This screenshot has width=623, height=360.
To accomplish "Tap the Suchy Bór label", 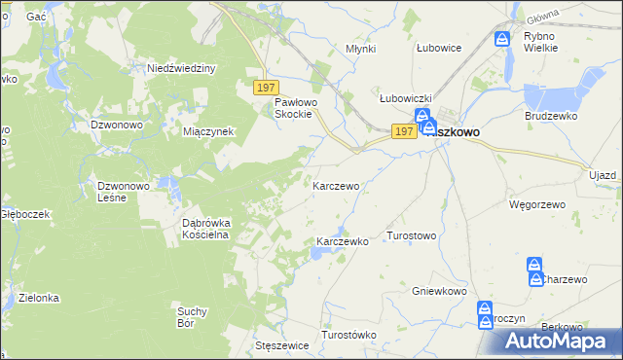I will tap(192, 317).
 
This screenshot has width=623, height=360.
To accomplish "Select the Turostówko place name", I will tap(348, 335).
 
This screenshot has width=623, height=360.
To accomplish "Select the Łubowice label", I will tap(438, 47).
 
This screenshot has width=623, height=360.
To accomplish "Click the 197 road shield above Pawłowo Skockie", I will tap(267, 87).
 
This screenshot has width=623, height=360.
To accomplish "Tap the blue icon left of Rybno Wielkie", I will tap(502, 40).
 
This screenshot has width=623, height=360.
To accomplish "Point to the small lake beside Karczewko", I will tap(318, 255).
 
